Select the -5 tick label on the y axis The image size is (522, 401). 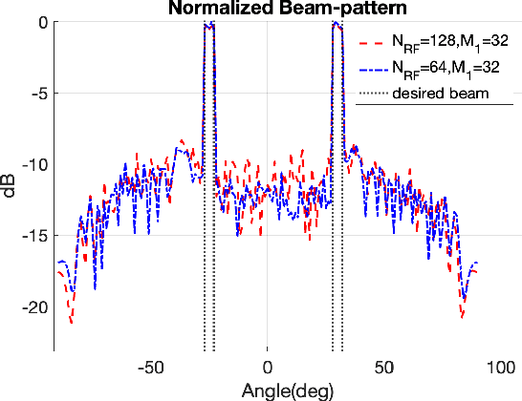[36, 94]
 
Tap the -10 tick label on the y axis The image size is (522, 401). [33, 164]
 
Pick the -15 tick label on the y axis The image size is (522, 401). [33, 236]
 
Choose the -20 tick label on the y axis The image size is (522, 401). [33, 306]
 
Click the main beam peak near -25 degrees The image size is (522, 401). [208, 26]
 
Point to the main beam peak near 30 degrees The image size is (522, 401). [337, 25]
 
